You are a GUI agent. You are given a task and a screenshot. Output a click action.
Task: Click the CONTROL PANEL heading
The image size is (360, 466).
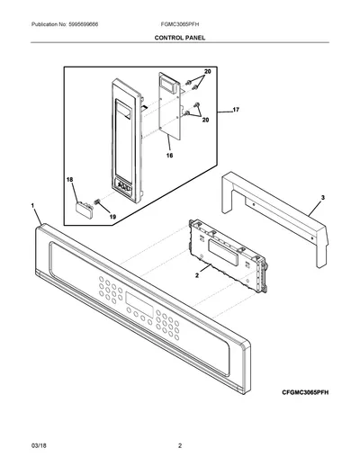[180, 38]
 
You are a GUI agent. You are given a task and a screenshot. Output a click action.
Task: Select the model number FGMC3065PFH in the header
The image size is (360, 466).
[180, 24]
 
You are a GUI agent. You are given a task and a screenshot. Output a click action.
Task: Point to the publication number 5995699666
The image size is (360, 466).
[84, 24]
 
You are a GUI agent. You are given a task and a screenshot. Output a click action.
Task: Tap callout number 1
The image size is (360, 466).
[32, 205]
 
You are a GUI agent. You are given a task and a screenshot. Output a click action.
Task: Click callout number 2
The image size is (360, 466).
[197, 275]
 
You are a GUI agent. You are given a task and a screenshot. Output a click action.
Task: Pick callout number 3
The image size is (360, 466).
[323, 198]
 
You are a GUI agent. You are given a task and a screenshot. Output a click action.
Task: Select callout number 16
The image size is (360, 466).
[169, 156]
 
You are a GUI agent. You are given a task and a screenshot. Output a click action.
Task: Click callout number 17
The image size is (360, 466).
[236, 110]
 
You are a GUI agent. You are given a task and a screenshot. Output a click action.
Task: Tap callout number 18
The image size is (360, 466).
[69, 180]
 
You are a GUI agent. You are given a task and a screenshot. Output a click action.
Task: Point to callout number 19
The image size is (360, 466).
[112, 217]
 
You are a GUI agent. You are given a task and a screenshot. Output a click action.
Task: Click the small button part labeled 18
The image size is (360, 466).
[84, 209]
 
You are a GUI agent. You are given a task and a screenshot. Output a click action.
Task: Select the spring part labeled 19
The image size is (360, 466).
[96, 202]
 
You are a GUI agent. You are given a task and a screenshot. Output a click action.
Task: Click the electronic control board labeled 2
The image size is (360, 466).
[228, 255]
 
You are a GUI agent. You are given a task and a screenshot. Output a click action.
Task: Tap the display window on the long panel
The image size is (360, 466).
[139, 302]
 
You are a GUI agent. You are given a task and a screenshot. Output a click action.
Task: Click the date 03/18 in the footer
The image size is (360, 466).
[39, 445]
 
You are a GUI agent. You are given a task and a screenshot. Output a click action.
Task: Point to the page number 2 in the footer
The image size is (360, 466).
[180, 445]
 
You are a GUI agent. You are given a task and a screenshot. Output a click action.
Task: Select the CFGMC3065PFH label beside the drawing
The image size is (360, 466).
[305, 392]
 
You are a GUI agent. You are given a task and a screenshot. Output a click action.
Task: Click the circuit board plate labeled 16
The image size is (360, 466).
[170, 106]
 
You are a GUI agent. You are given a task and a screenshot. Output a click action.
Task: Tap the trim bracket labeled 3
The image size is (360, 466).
[274, 218]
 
